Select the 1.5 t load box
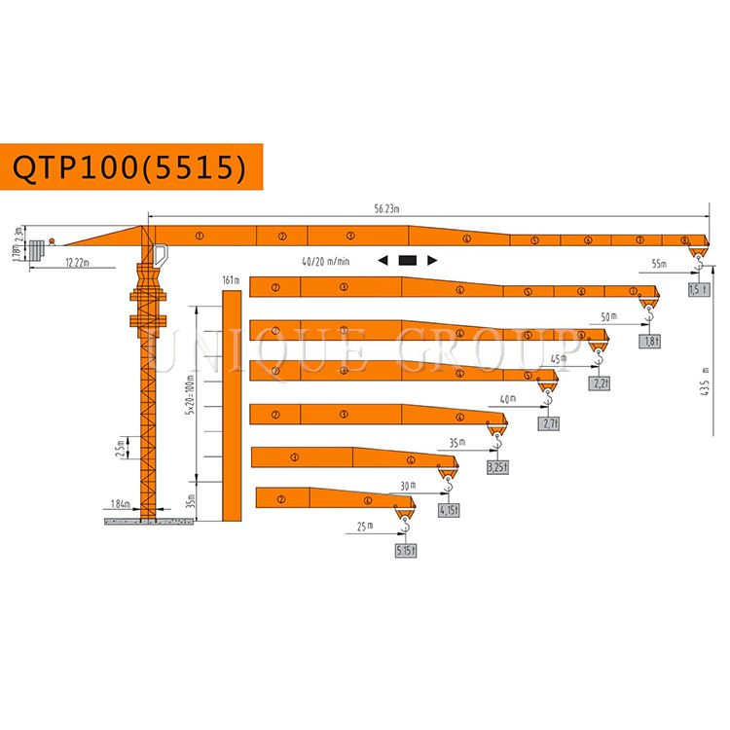click(697, 290)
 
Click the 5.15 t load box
click(406, 550)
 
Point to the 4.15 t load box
click(450, 509)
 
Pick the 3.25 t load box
click(497, 467)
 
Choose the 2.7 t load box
click(550, 424)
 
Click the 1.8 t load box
click(650, 342)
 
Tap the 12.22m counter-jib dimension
click(79, 263)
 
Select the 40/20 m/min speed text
click(325, 261)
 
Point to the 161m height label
click(231, 280)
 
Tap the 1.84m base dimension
click(120, 503)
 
